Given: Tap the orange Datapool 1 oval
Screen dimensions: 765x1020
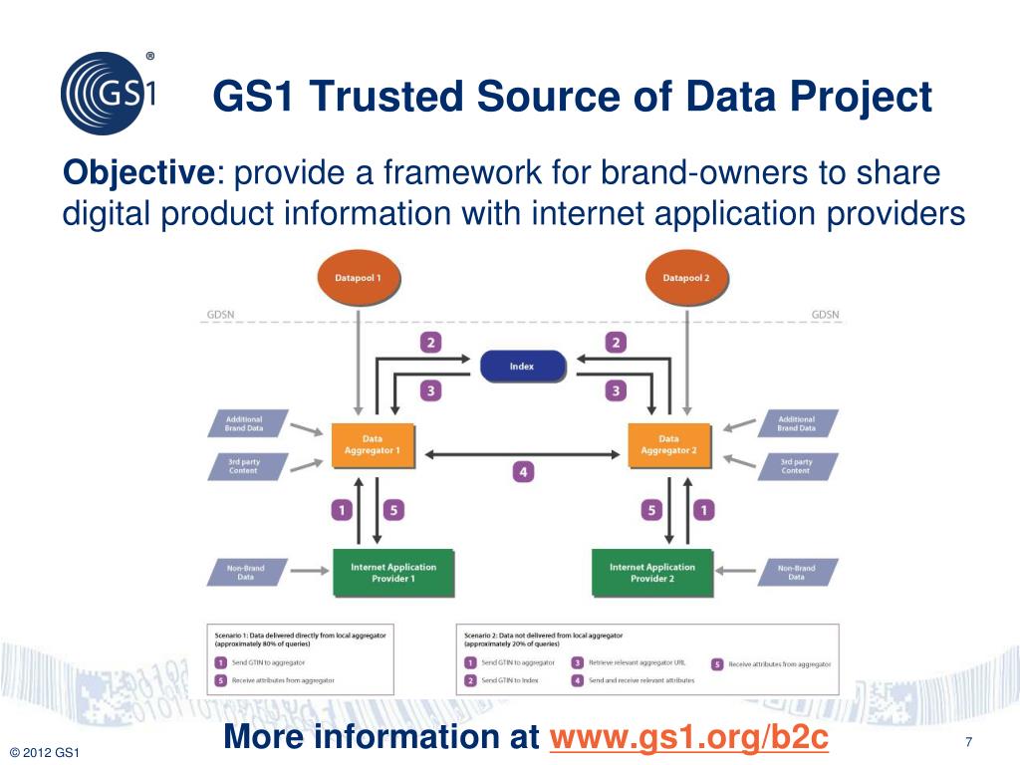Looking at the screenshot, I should point(358,278).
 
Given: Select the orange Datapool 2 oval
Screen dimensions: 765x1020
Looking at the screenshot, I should point(686,278).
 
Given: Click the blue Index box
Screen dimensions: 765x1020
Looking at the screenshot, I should point(522,367).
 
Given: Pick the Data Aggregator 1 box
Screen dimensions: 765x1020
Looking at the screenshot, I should point(372,444).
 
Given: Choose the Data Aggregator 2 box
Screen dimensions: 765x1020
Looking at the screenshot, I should point(668,444).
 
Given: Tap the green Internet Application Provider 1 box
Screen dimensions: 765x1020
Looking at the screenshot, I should point(393,572).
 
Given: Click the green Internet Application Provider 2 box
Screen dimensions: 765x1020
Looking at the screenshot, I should point(652,572).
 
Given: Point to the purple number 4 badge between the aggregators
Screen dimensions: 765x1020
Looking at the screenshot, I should point(522,471).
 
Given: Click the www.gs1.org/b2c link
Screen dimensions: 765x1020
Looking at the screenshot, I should point(689,738).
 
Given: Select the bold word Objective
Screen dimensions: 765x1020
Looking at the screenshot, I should point(138,173).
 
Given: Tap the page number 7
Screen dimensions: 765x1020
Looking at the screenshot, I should point(968,741).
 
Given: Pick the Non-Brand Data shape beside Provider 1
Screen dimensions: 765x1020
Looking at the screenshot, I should point(246,572).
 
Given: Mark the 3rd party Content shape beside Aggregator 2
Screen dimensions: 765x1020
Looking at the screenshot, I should point(796,466).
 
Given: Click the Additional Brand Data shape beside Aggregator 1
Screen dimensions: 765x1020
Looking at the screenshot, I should point(246,423).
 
